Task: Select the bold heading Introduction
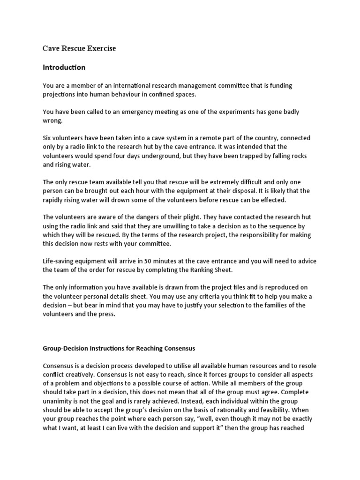click(x=64, y=67)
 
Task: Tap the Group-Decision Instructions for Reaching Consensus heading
click(x=119, y=348)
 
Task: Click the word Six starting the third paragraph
click(x=48, y=138)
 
